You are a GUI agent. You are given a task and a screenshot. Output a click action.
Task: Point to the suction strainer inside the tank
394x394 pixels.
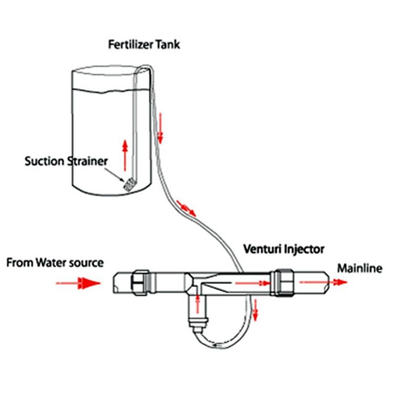(x=129, y=185)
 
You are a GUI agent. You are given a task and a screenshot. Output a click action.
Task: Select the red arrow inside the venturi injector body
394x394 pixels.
(x=251, y=283)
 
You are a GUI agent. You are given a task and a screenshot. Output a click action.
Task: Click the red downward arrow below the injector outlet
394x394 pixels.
(x=255, y=308)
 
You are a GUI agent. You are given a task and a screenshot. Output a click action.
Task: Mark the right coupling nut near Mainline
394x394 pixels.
(x=283, y=281)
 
